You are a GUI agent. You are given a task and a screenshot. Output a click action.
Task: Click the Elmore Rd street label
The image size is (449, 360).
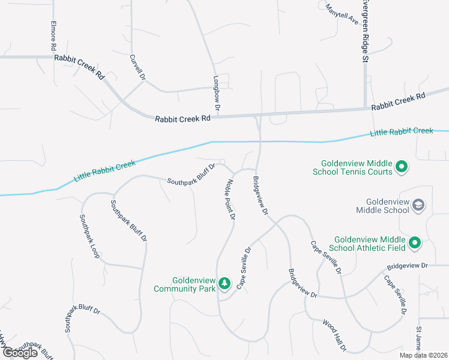(x=53, y=37)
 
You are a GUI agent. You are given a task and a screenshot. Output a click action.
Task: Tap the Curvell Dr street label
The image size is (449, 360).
(x=137, y=68)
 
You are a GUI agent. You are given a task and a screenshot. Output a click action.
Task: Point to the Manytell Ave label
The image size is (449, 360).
(x=342, y=14)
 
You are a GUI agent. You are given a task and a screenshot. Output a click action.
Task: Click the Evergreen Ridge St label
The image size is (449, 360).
(x=364, y=30)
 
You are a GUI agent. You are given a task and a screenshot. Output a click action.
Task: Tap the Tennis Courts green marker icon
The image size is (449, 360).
(x=402, y=167)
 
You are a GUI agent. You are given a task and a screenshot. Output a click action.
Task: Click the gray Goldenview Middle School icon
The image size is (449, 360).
(x=418, y=205)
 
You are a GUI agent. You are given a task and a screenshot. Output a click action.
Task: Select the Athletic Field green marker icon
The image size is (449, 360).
(x=414, y=243)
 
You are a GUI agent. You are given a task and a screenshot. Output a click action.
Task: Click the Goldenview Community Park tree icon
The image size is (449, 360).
(x=224, y=283)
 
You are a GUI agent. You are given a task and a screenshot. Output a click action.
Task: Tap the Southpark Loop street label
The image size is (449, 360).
(x=89, y=236)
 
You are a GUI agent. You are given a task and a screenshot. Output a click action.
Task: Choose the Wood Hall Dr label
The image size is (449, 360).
(x=334, y=335)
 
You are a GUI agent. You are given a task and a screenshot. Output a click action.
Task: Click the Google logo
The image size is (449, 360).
(x=20, y=352)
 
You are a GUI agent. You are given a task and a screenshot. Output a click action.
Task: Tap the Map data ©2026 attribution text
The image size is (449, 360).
(x=423, y=355)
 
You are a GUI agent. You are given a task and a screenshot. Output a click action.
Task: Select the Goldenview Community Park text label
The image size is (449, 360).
(x=184, y=284)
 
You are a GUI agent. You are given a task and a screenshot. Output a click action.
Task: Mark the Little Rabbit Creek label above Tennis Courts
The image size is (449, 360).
(x=402, y=131)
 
